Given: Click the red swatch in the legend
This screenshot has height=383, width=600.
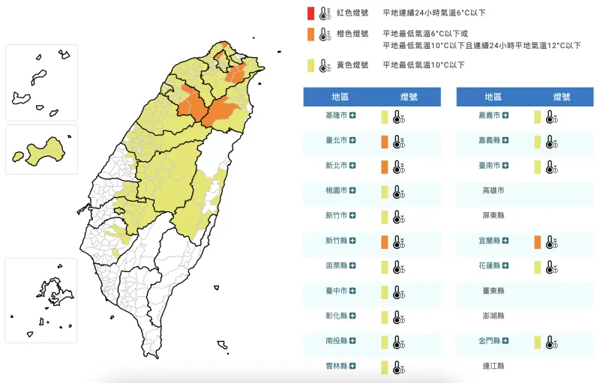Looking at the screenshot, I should tap(310, 13).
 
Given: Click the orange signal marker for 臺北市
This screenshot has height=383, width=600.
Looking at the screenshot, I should tap(384, 141).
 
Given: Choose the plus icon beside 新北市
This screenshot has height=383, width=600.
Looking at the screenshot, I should tap(352, 166).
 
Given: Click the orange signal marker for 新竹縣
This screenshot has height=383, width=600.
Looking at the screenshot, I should tap(384, 241).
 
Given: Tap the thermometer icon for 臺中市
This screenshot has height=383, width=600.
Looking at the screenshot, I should tap(398, 292).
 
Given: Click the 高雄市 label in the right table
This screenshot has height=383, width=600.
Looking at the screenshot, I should tap(493, 190).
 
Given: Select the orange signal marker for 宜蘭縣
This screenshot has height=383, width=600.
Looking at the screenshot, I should tap(537, 241).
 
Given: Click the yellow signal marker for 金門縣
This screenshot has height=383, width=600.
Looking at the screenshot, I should tap(537, 342).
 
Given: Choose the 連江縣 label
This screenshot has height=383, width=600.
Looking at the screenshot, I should tap(493, 367).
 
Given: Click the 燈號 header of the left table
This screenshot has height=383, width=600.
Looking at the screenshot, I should tap(409, 97).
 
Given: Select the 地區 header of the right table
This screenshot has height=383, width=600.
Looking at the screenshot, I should tap(493, 97).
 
